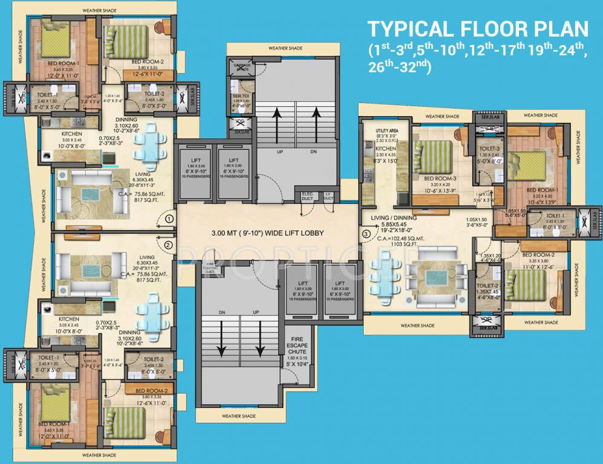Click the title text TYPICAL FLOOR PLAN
[x=478, y=29]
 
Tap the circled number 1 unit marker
[x=169, y=219]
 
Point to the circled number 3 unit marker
[x=365, y=234]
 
